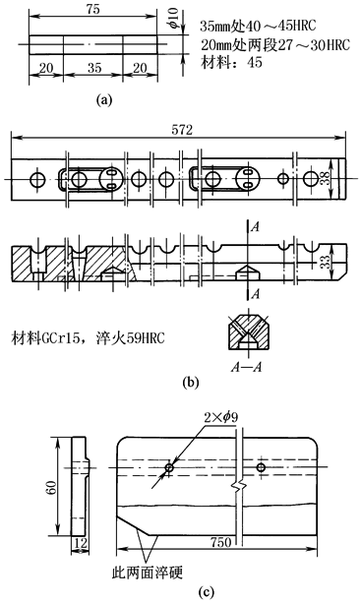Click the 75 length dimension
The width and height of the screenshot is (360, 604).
point(93,9)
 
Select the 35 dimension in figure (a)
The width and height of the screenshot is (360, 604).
point(94,68)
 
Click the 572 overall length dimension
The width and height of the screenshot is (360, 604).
point(182,130)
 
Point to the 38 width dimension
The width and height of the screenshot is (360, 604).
point(327,178)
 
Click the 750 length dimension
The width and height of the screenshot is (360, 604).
point(221,542)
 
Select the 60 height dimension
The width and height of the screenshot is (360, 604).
point(52,487)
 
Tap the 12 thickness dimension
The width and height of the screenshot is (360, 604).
point(80,543)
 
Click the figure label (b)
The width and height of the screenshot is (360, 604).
point(191,382)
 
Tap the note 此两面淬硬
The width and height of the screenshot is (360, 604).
point(148,572)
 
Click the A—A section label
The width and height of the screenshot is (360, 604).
point(247,367)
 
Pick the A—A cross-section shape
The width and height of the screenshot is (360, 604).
point(247,331)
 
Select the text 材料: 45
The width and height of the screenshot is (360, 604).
point(231,62)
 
